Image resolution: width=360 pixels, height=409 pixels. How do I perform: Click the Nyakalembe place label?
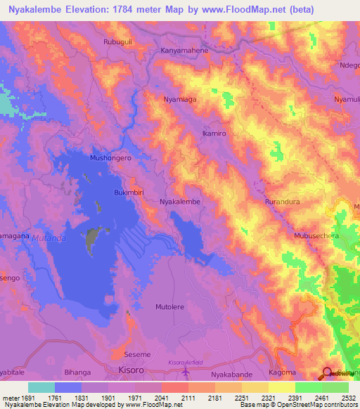(x=181, y=201)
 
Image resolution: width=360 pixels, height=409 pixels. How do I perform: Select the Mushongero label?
(x=110, y=158)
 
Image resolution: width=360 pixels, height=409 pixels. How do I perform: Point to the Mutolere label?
(x=169, y=307)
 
